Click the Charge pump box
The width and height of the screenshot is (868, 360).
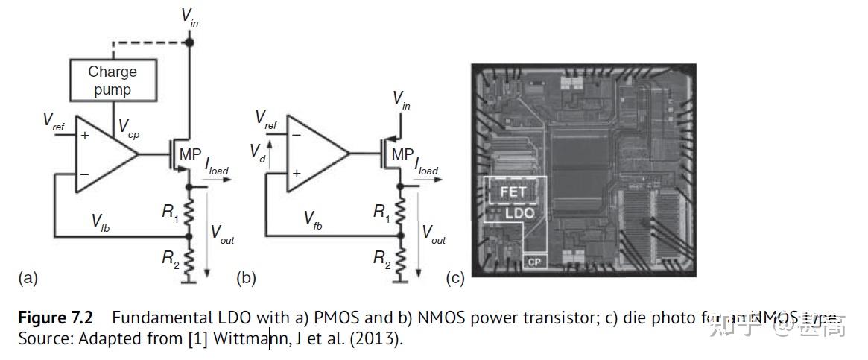click(113, 80)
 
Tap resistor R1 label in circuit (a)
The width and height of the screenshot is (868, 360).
click(171, 212)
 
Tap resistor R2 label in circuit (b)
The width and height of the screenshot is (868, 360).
click(381, 259)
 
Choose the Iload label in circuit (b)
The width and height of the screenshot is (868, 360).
click(425, 165)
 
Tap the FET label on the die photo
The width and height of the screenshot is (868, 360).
click(513, 192)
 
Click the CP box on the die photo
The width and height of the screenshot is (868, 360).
click(533, 262)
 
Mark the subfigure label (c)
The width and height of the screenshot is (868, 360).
click(454, 279)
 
